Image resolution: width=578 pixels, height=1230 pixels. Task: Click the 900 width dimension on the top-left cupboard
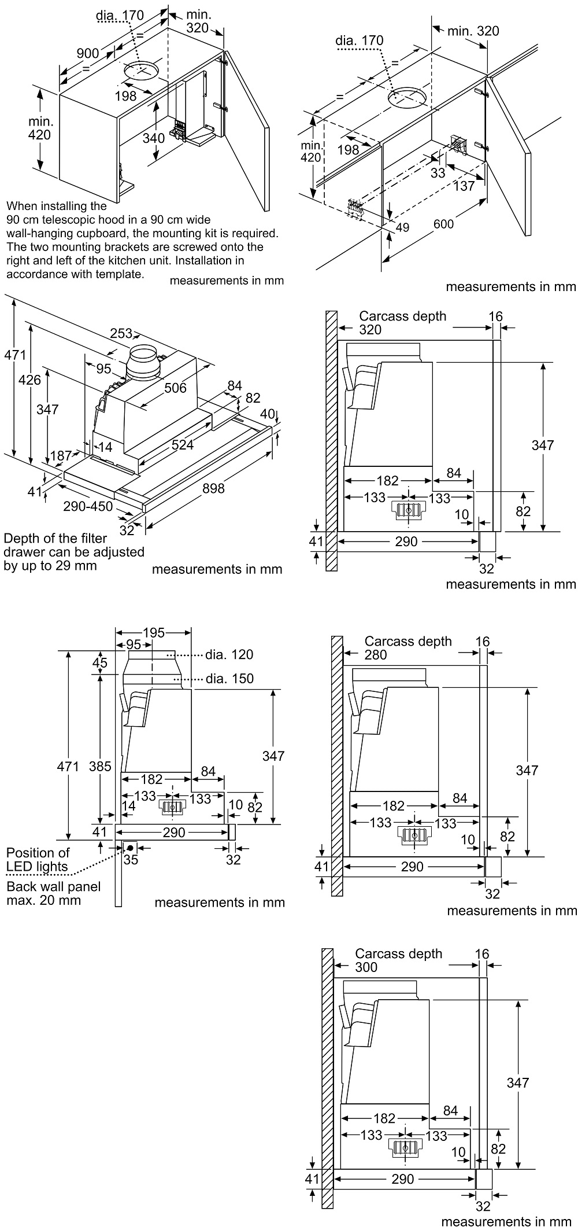tap(88, 53)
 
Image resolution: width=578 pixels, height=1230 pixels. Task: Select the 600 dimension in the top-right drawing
tap(444, 224)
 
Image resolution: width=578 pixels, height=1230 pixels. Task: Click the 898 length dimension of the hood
tap(213, 488)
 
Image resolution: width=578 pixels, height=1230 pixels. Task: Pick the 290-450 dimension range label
tap(88, 506)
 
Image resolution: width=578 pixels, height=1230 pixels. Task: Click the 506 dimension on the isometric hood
tap(175, 388)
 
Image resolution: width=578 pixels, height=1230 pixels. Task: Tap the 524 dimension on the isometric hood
tap(182, 444)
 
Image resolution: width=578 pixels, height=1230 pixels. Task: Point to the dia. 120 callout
tap(229, 654)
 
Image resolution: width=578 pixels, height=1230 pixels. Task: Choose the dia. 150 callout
tap(229, 678)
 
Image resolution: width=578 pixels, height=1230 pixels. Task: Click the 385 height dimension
tap(100, 766)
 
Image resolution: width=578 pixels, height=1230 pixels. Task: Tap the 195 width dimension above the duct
tap(153, 632)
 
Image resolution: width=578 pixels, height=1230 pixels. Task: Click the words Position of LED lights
tap(38, 859)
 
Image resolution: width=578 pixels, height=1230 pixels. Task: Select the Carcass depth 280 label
tap(407, 647)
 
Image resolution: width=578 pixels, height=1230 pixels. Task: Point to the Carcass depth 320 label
tap(402, 322)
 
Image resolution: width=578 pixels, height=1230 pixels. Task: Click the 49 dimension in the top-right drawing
tap(402, 227)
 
